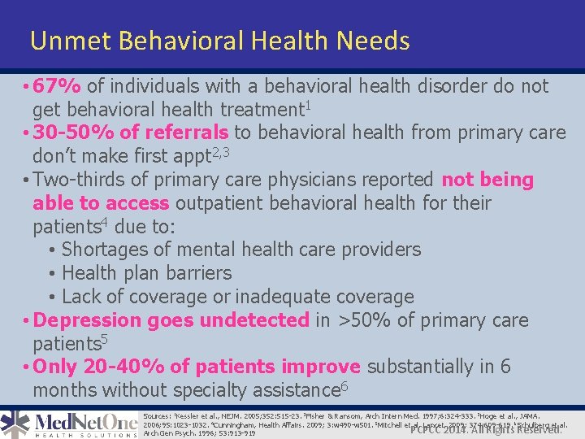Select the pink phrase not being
[x=487, y=180]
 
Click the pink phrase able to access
[x=101, y=203]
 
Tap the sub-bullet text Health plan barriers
[x=146, y=273]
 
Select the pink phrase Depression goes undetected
[x=172, y=320]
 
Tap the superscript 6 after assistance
[x=344, y=386]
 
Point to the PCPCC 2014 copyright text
[x=486, y=428]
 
